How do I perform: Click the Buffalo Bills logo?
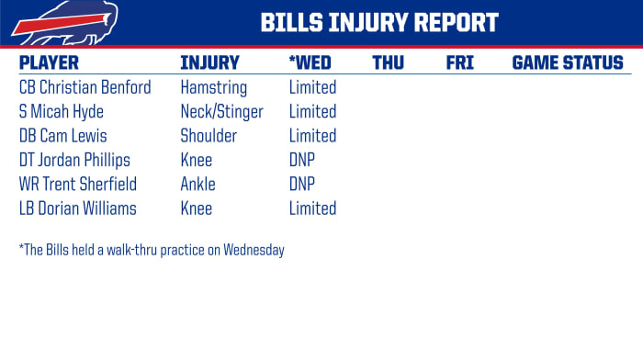52,23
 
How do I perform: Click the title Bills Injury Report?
378,23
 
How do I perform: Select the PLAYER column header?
49,63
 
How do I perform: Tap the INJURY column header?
209,63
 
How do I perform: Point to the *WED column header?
310,63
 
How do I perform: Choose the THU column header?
389,63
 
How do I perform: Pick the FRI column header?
459,63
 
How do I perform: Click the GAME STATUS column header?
567,63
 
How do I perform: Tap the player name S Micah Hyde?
62,112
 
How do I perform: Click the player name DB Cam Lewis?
62,136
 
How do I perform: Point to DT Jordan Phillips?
74,161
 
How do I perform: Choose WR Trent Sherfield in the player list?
77,185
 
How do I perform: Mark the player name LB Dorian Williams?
77,208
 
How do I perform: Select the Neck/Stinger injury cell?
221,112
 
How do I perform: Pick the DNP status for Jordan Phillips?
302,161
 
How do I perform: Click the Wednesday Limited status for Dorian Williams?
312,208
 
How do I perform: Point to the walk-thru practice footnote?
152,250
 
